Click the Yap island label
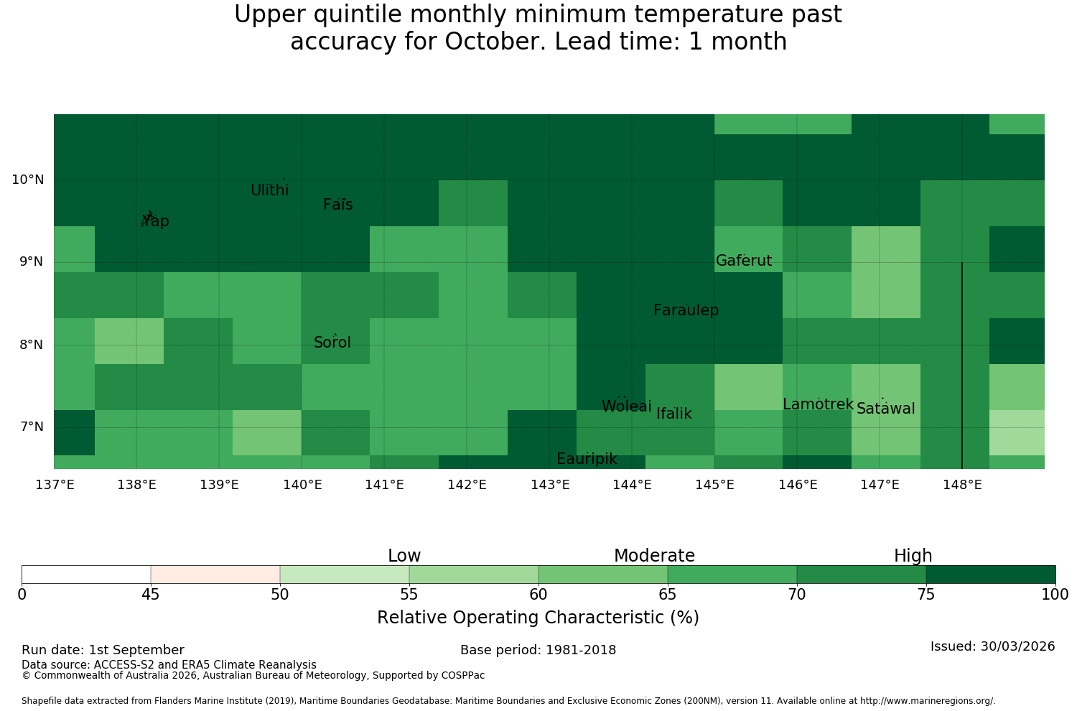point(155,221)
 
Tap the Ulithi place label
point(270,190)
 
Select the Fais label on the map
point(338,205)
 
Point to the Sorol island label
point(332,343)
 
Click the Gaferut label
point(744,260)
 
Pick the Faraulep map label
point(686,310)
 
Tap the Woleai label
point(627,406)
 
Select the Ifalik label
point(674,413)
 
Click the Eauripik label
point(587,459)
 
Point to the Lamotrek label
point(819,404)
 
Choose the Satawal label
point(885,409)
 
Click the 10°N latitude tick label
point(28,180)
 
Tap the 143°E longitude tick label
point(550,485)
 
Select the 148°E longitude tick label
point(962,485)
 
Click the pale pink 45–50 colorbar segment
point(215,575)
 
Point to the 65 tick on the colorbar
point(667,595)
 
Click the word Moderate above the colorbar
point(654,556)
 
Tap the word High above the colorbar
point(913,556)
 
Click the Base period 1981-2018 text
point(538,650)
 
